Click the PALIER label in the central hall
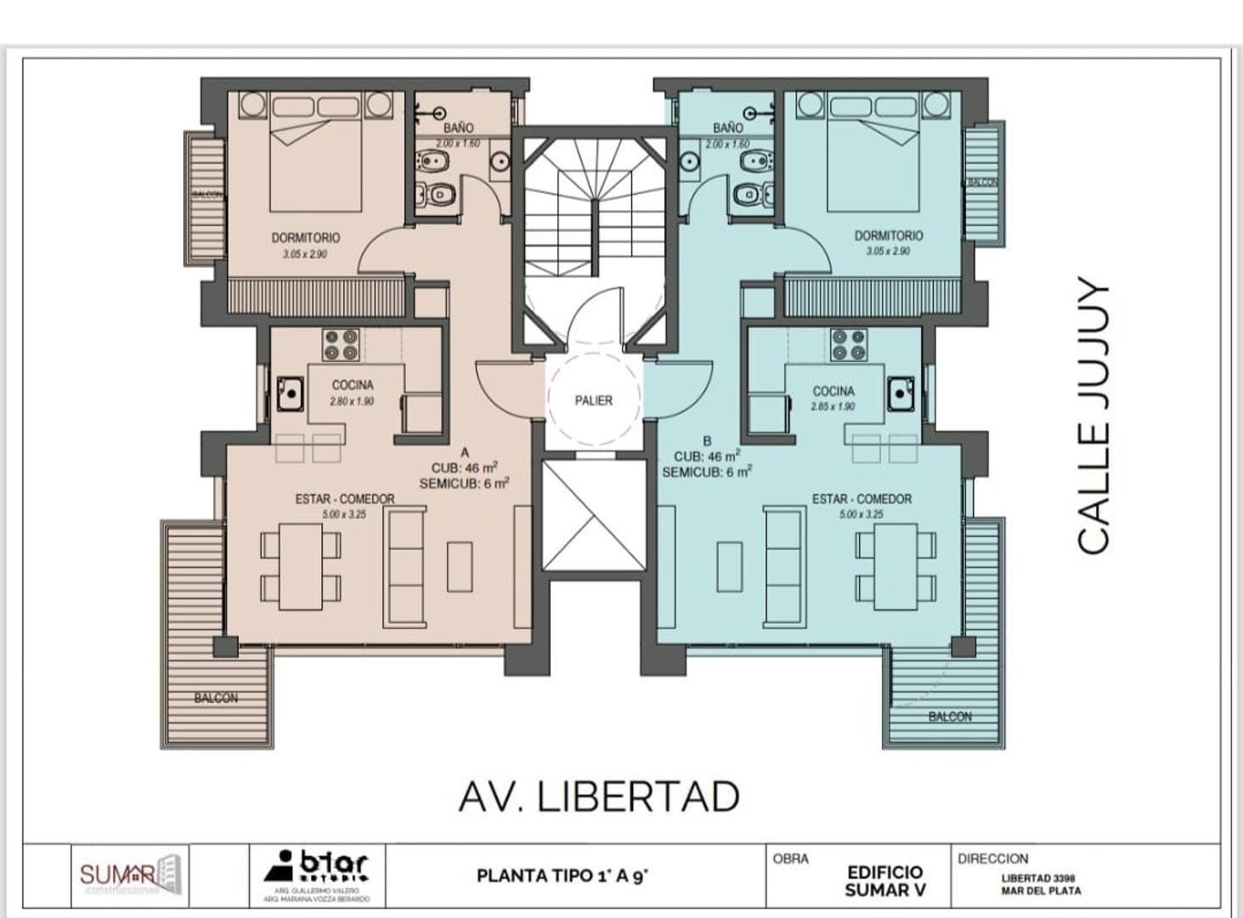(593, 400)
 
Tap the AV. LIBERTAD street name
(599, 796)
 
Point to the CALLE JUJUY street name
(1094, 415)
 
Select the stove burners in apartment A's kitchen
(341, 345)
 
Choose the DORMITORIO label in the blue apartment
(889, 235)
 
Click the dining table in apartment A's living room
(301, 566)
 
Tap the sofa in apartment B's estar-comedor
(783, 566)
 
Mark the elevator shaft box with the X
(594, 516)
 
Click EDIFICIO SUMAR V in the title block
(884, 881)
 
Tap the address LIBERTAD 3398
(1038, 878)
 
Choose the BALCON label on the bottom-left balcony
(216, 698)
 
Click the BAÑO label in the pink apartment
(458, 127)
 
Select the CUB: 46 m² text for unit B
(706, 456)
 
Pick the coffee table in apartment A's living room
(460, 566)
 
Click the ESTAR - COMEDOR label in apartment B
(862, 499)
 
